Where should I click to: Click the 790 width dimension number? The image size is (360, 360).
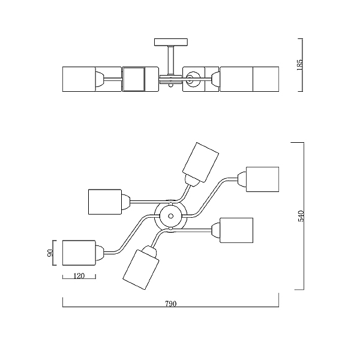pyautogui.click(x=171, y=304)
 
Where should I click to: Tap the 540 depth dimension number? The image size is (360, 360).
pyautogui.click(x=301, y=216)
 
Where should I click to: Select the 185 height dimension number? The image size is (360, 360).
pyautogui.click(x=300, y=65)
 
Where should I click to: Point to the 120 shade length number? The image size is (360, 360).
pyautogui.click(x=79, y=276)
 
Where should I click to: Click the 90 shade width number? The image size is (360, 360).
pyautogui.click(x=50, y=253)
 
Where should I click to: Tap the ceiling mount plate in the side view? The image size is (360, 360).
pyautogui.click(x=171, y=42)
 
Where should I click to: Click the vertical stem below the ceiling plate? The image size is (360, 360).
pyautogui.click(x=170, y=60)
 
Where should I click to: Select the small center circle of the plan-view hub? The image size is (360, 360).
pyautogui.click(x=170, y=216)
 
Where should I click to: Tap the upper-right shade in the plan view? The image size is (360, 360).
pyautogui.click(x=263, y=179)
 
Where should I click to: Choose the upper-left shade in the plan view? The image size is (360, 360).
pyautogui.click(x=104, y=202)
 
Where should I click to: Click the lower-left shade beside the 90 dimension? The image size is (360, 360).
pyautogui.click(x=79, y=253)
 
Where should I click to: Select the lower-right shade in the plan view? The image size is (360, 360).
pyautogui.click(x=236, y=230)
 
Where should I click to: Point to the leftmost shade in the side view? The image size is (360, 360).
pyautogui.click(x=79, y=79)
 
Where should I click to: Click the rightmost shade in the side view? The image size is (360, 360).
pyautogui.click(x=266, y=79)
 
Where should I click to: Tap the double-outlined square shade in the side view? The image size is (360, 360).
pyautogui.click(x=134, y=79)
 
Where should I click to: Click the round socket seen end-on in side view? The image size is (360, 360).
pyautogui.click(x=193, y=79)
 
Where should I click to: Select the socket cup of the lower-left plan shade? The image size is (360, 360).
pyautogui.click(x=100, y=253)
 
